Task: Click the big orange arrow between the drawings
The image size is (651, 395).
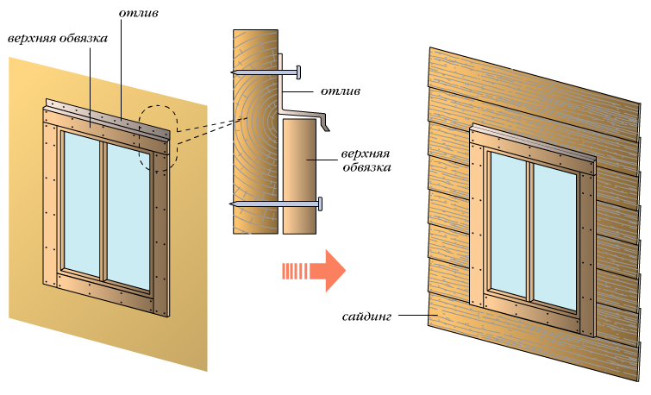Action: pyautogui.click(x=316, y=272)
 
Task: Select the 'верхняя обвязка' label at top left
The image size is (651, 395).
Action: pyautogui.click(x=57, y=39)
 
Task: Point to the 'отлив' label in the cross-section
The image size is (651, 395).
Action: pyautogui.click(x=342, y=89)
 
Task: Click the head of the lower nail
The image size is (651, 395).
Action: pyautogui.click(x=320, y=204)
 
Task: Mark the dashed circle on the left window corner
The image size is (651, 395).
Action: pyautogui.click(x=157, y=138)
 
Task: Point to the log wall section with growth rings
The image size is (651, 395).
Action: pyautogui.click(x=254, y=129)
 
